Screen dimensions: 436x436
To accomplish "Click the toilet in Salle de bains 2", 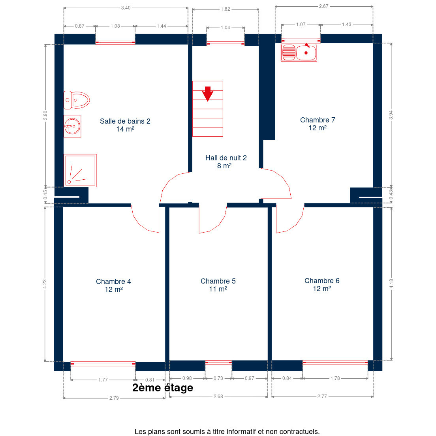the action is pyautogui.click(x=77, y=100).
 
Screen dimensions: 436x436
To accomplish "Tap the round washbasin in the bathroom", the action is pyautogui.click(x=72, y=126).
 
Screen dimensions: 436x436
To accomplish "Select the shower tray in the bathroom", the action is pyautogui.click(x=80, y=171).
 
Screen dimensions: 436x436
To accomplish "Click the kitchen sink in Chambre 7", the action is pyautogui.click(x=299, y=52).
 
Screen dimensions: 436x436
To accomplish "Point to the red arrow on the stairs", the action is pyautogui.click(x=207, y=94).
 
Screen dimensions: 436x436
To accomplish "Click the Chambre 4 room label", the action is pyautogui.click(x=113, y=285).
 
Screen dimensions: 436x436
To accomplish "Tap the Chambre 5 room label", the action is pyautogui.click(x=218, y=285).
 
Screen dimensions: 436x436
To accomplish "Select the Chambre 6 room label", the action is pyautogui.click(x=322, y=284).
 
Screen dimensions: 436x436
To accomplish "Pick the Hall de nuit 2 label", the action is pyautogui.click(x=226, y=162).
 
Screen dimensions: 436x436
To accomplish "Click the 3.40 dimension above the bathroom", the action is pyautogui.click(x=126, y=8).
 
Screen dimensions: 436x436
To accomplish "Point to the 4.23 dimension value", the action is pyautogui.click(x=45, y=284).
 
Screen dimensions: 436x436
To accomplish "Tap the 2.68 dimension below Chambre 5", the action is pyautogui.click(x=218, y=396).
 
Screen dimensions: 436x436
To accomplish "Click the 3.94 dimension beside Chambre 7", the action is pyautogui.click(x=391, y=115).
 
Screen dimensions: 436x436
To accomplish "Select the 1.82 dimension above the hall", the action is pyautogui.click(x=225, y=9).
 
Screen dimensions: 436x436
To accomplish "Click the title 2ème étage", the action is pyautogui.click(x=163, y=387).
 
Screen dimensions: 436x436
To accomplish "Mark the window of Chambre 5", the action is pyautogui.click(x=218, y=363).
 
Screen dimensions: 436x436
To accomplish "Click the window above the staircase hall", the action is pyautogui.click(x=226, y=44).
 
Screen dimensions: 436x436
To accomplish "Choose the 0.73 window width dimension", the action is pyautogui.click(x=218, y=378).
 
